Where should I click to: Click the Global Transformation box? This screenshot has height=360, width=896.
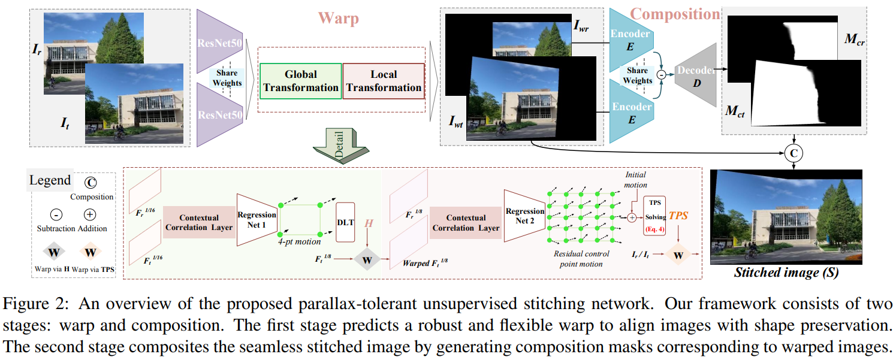(x=301, y=81)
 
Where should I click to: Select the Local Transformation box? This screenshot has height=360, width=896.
(x=384, y=81)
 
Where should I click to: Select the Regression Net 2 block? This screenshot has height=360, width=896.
(x=524, y=217)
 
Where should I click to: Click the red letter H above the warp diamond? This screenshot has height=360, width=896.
(x=369, y=223)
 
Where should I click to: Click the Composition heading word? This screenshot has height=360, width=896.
(x=675, y=14)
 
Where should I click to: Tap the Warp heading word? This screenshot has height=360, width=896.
(x=339, y=18)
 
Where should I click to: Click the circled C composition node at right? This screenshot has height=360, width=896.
(x=793, y=154)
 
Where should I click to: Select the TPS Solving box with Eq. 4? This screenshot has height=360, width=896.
(x=654, y=216)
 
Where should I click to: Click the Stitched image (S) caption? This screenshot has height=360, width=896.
(x=786, y=273)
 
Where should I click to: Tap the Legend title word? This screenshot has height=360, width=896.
(x=50, y=180)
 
